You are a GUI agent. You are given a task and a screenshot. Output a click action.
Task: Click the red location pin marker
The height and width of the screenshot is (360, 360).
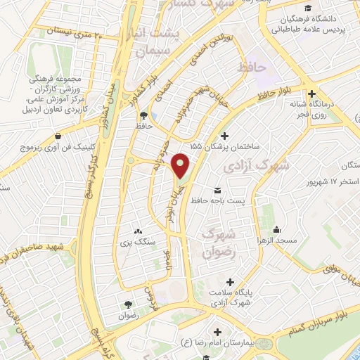point(181,165)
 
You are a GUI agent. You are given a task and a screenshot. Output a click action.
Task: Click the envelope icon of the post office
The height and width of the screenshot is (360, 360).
point(217,191)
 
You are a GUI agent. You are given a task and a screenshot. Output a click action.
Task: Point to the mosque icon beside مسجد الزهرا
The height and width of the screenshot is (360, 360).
point(277,229)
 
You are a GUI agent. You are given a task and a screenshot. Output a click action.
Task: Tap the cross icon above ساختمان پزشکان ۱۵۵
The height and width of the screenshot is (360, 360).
point(225,136)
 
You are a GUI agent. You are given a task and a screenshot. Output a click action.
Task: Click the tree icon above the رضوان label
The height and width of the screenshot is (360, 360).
point(128,304)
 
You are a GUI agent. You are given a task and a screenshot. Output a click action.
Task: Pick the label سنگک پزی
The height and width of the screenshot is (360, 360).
point(138,241)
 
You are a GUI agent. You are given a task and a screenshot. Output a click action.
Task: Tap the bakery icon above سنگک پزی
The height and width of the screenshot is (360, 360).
point(138,231)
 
